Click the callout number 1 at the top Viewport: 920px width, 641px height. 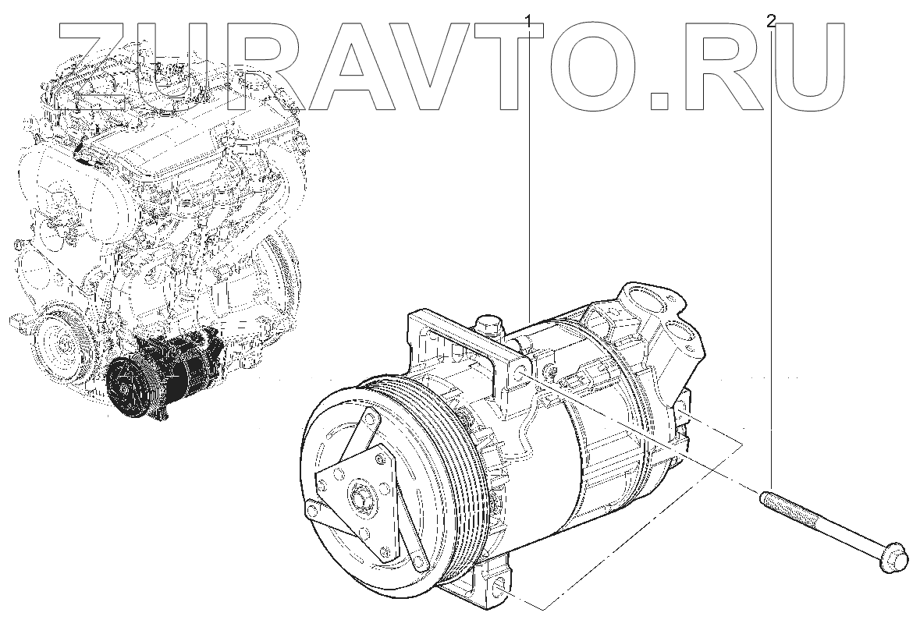click(x=528, y=22)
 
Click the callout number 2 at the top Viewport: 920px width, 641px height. click(x=770, y=22)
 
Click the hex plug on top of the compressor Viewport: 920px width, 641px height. click(x=490, y=325)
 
